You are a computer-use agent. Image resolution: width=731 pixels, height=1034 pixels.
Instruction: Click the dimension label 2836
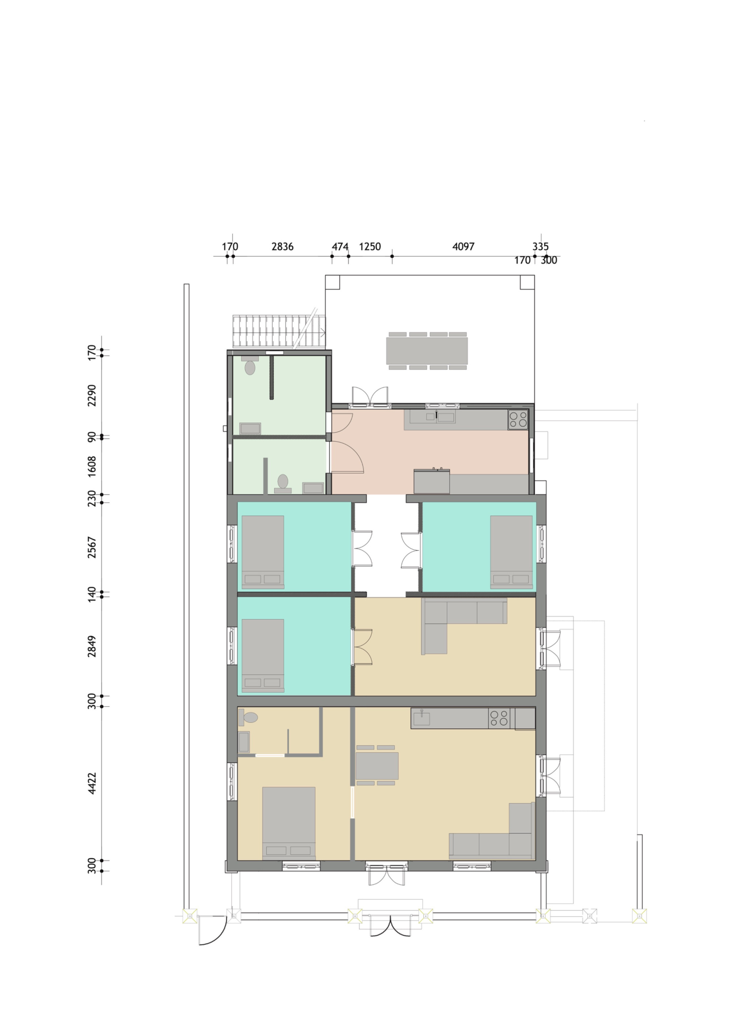click(x=283, y=246)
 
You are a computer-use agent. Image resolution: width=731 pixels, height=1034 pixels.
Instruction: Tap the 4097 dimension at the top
click(x=463, y=246)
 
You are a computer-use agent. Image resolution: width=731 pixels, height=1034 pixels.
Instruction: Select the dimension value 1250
click(x=370, y=246)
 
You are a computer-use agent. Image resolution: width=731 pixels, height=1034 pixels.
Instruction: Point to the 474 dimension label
click(x=340, y=246)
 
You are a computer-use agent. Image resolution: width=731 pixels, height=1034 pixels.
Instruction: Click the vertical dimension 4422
click(x=92, y=783)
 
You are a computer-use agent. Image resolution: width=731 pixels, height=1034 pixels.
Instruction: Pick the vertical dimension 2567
click(x=92, y=547)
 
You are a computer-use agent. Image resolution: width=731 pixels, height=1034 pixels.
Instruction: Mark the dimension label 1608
click(x=92, y=466)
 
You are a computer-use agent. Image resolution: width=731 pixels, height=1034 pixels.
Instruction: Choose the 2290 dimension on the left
click(x=92, y=395)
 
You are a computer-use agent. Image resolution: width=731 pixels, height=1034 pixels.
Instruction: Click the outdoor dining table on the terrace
click(x=427, y=351)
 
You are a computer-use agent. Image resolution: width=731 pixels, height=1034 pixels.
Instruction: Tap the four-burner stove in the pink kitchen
click(x=518, y=419)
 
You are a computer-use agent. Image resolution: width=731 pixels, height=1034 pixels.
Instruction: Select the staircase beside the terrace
click(x=279, y=331)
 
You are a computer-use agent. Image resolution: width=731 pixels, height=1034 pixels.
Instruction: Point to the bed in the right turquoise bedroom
click(x=511, y=552)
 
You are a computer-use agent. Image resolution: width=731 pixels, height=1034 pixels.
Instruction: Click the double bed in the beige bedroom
click(x=289, y=823)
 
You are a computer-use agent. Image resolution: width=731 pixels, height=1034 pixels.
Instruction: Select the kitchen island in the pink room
click(x=432, y=481)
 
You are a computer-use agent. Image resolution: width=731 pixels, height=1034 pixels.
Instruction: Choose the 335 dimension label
click(x=541, y=246)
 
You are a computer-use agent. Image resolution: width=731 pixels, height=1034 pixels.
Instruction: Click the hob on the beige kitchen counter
click(x=499, y=718)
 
